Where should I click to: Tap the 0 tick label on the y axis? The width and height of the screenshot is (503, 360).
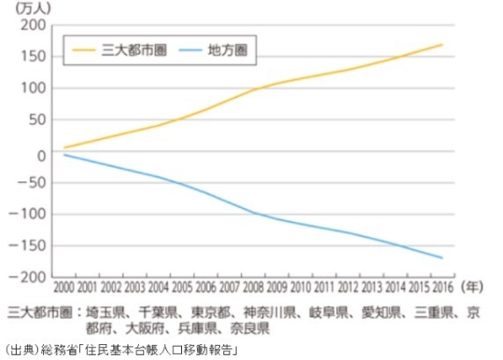coord(40,155)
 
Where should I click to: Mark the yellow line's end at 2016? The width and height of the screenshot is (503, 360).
coord(441,45)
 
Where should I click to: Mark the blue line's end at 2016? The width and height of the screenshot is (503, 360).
coord(441,258)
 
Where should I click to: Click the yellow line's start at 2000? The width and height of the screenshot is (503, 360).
coord(65,147)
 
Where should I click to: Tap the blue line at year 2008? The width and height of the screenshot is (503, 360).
coord(254,213)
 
